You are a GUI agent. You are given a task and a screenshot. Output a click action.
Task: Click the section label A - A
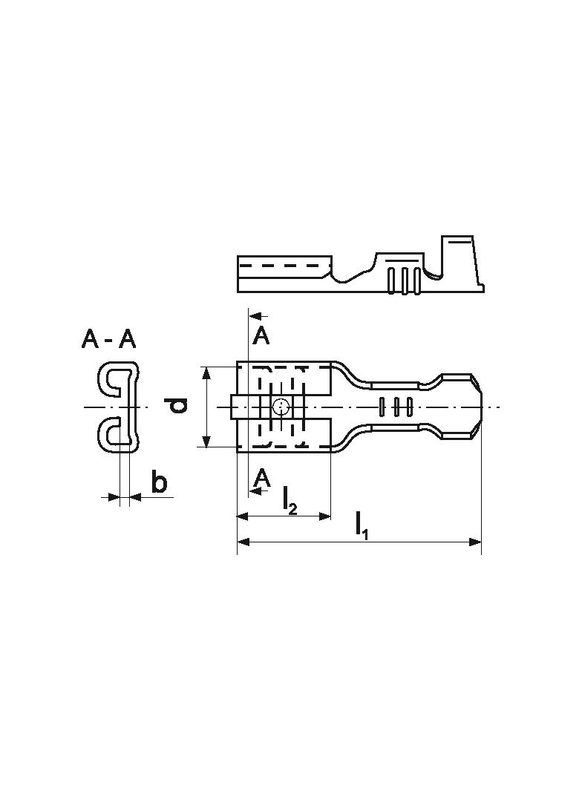(x=109, y=340)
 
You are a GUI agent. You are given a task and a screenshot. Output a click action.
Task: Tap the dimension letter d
(x=177, y=405)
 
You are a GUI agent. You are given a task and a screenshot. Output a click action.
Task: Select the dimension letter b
(x=159, y=482)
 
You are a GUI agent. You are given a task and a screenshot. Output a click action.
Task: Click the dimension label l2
(x=290, y=499)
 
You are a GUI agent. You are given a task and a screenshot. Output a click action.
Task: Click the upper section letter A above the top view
(x=261, y=336)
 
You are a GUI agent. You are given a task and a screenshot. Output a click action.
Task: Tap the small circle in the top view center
(x=281, y=406)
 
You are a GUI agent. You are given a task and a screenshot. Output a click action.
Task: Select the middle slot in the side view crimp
(x=405, y=280)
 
